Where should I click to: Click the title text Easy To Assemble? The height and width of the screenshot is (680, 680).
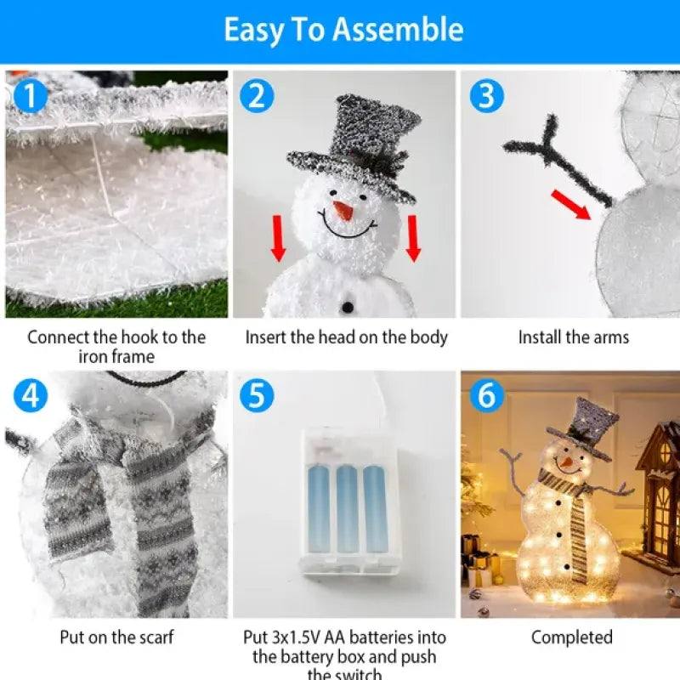(343, 30)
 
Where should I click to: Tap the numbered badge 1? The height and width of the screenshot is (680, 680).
(31, 97)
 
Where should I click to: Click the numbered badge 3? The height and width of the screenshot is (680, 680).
(485, 97)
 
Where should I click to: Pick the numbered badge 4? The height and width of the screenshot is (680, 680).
(31, 396)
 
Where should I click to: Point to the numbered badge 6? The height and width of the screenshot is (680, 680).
(485, 396)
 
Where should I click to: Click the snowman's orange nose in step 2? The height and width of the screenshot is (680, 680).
(343, 211)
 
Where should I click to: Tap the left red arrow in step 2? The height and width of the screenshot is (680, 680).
(278, 238)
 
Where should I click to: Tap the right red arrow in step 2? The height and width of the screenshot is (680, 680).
(413, 238)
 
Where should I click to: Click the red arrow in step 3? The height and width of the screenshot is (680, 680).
(570, 205)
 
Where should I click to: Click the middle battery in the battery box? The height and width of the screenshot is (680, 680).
(347, 507)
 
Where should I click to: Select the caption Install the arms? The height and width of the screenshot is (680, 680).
(574, 337)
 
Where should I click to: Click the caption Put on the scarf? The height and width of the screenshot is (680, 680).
(116, 637)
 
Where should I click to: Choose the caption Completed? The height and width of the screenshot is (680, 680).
(571, 637)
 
